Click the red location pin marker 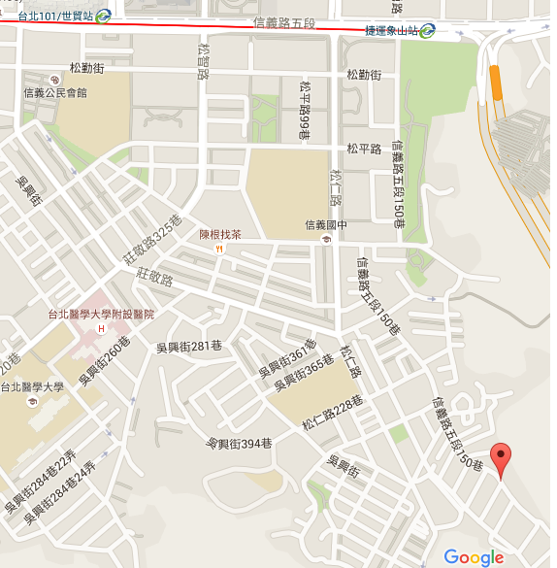point(501,458)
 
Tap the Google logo point(475,556)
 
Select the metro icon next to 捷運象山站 point(427,30)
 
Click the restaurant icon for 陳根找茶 point(221,249)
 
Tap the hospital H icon point(102,330)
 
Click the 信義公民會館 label point(55,93)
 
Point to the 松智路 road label point(203,60)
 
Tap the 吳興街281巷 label point(190,347)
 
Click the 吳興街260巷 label point(105,360)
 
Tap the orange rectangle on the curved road point(497,82)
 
